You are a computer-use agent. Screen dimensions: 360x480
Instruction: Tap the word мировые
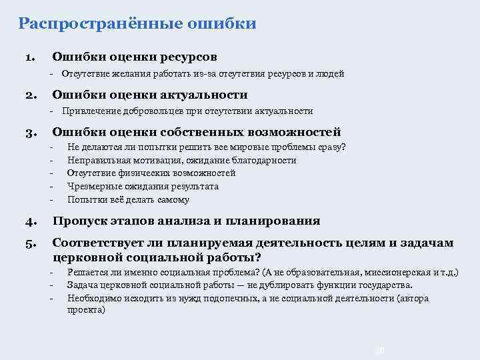coord(247,147)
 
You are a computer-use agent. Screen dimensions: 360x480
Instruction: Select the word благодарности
coord(264,161)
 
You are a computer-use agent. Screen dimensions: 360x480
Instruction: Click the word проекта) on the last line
coord(86,310)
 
